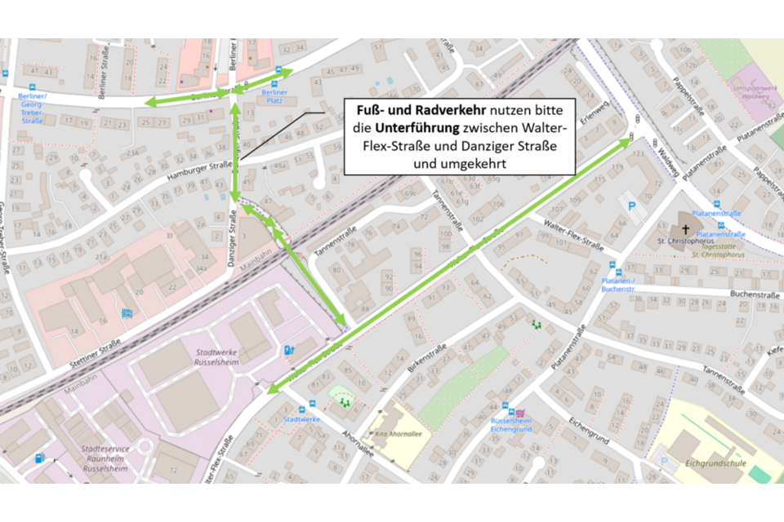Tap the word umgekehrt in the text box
point(461,164)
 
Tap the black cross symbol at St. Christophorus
point(686,230)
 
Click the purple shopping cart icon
point(519,414)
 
